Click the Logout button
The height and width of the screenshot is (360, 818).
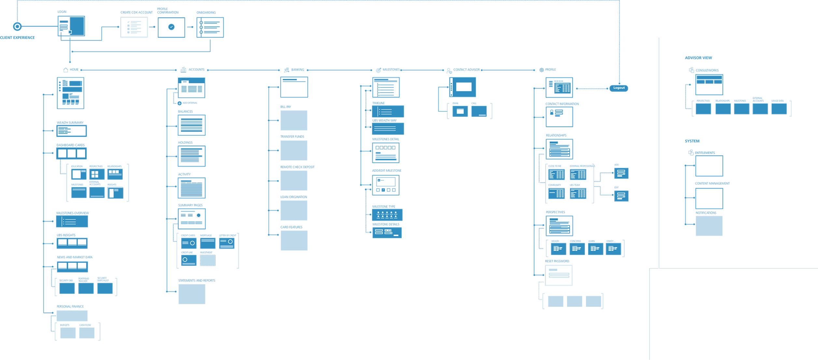pyautogui.click(x=619, y=88)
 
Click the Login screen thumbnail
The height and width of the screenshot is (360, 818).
pyautogui.click(x=71, y=26)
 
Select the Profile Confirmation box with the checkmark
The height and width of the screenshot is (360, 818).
pyautogui.click(x=171, y=27)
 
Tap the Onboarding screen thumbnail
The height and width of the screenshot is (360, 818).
pyautogui.click(x=210, y=27)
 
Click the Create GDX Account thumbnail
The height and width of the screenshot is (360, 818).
pyautogui.click(x=134, y=27)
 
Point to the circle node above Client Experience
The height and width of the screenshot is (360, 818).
pyautogui.click(x=17, y=26)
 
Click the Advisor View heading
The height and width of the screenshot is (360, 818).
pyautogui.click(x=698, y=58)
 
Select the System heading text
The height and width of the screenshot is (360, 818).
pyautogui.click(x=692, y=141)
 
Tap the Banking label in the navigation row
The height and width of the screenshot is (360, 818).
pyautogui.click(x=298, y=70)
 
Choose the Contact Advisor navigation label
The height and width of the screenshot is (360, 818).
pyautogui.click(x=466, y=70)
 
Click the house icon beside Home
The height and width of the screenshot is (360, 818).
pyautogui.click(x=65, y=70)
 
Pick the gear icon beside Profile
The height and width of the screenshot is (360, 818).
pyautogui.click(x=541, y=70)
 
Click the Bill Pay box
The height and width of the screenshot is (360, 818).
pyautogui.click(x=294, y=120)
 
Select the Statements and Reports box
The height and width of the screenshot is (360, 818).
pyautogui.click(x=192, y=294)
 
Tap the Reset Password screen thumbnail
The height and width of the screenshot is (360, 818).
pyautogui.click(x=559, y=275)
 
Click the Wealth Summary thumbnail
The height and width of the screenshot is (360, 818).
pyautogui.click(x=72, y=131)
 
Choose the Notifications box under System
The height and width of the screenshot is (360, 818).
pyautogui.click(x=709, y=226)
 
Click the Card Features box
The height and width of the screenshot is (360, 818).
pyautogui.click(x=294, y=240)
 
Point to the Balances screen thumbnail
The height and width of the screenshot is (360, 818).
pyautogui.click(x=191, y=125)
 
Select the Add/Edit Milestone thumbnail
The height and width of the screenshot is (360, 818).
pyautogui.click(x=386, y=185)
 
